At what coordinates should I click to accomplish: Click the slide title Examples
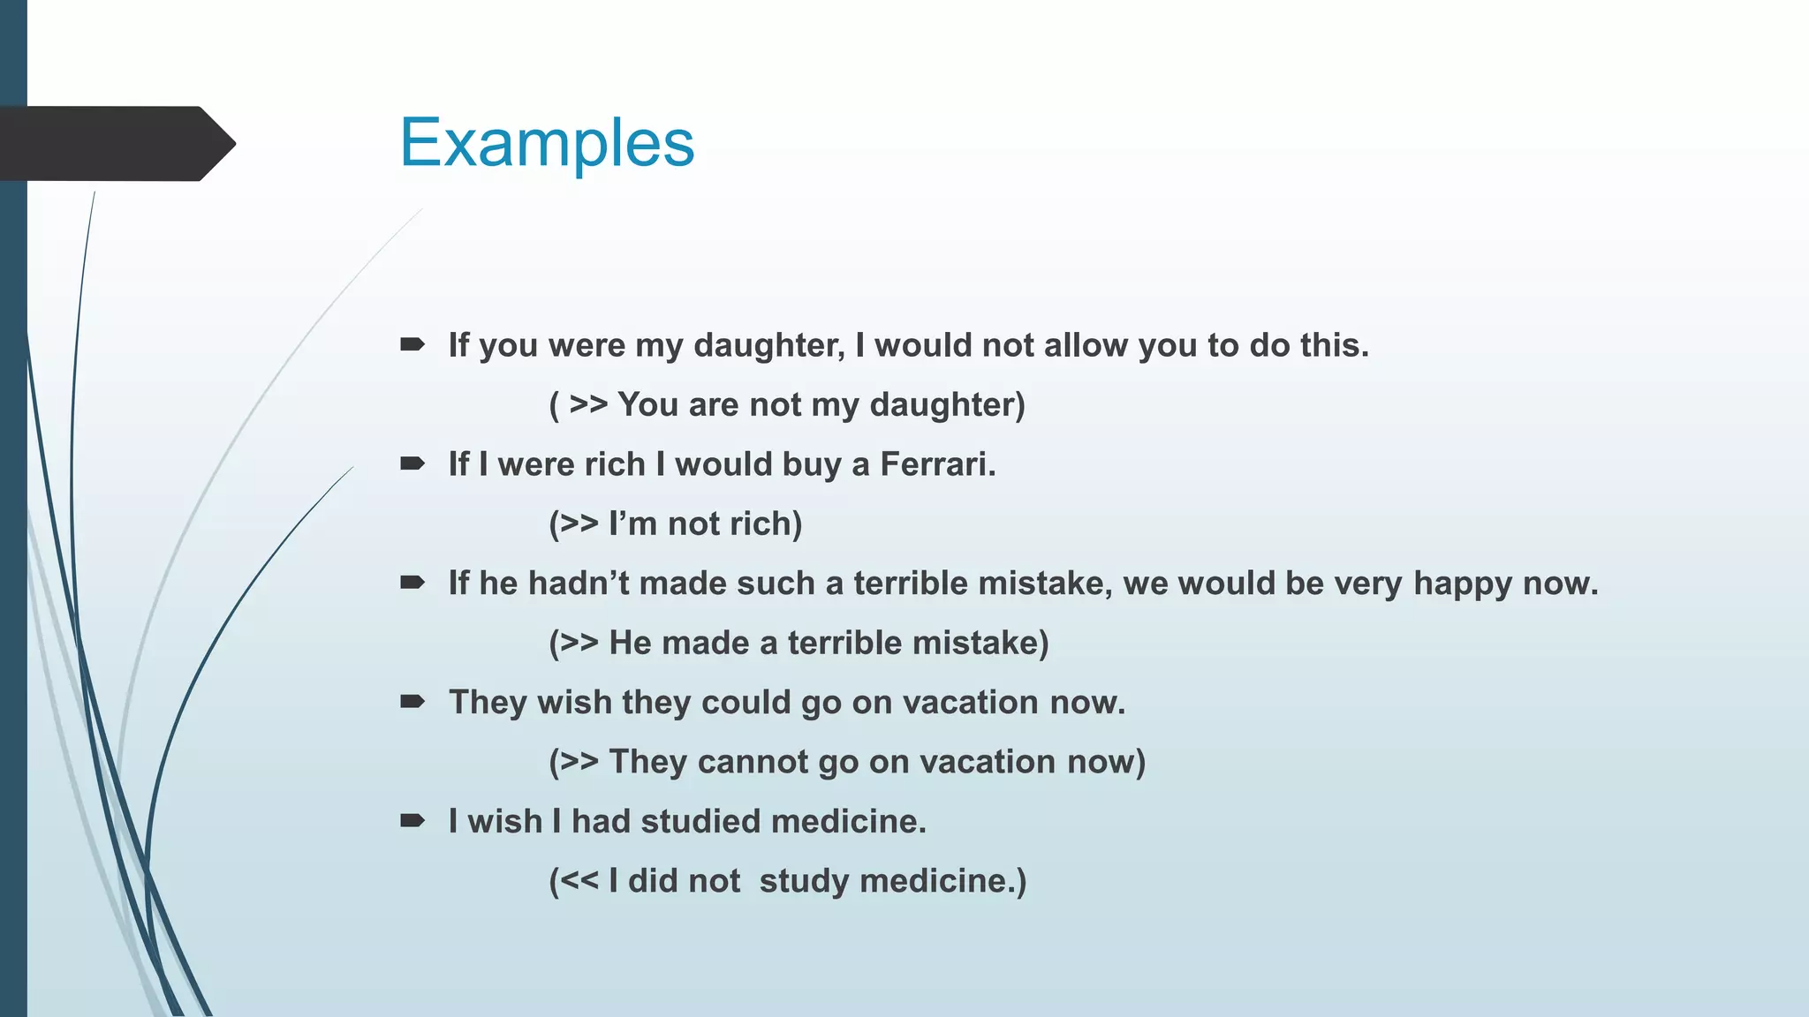[x=547, y=143]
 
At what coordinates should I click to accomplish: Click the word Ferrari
[x=937, y=464]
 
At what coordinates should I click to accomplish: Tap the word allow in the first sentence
[x=1086, y=345]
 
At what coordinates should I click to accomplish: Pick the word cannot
[x=753, y=762]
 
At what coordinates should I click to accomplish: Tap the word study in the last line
[x=804, y=881]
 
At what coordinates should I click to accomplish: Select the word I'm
[x=632, y=524]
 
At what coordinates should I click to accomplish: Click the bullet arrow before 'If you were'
[x=413, y=344]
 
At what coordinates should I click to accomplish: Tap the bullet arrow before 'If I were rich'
[x=413, y=463]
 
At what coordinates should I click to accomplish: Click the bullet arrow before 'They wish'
[x=413, y=702]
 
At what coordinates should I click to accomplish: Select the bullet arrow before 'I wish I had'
[x=413, y=821]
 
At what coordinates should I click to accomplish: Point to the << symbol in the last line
[x=579, y=881]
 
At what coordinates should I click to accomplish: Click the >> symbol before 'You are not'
[x=588, y=405]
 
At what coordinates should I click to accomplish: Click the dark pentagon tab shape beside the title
[x=115, y=144]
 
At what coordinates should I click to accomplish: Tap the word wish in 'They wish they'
[x=574, y=703]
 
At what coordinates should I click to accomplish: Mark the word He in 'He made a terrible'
[x=630, y=644]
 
